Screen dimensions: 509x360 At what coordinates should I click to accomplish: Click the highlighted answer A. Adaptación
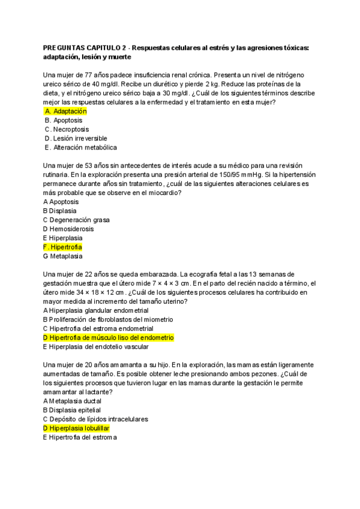(66, 111)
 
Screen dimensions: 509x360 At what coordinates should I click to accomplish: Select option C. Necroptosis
(67, 129)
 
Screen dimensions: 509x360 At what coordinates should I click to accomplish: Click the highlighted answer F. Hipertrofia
(62, 247)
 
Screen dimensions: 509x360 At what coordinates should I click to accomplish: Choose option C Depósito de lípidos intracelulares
(95, 418)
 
